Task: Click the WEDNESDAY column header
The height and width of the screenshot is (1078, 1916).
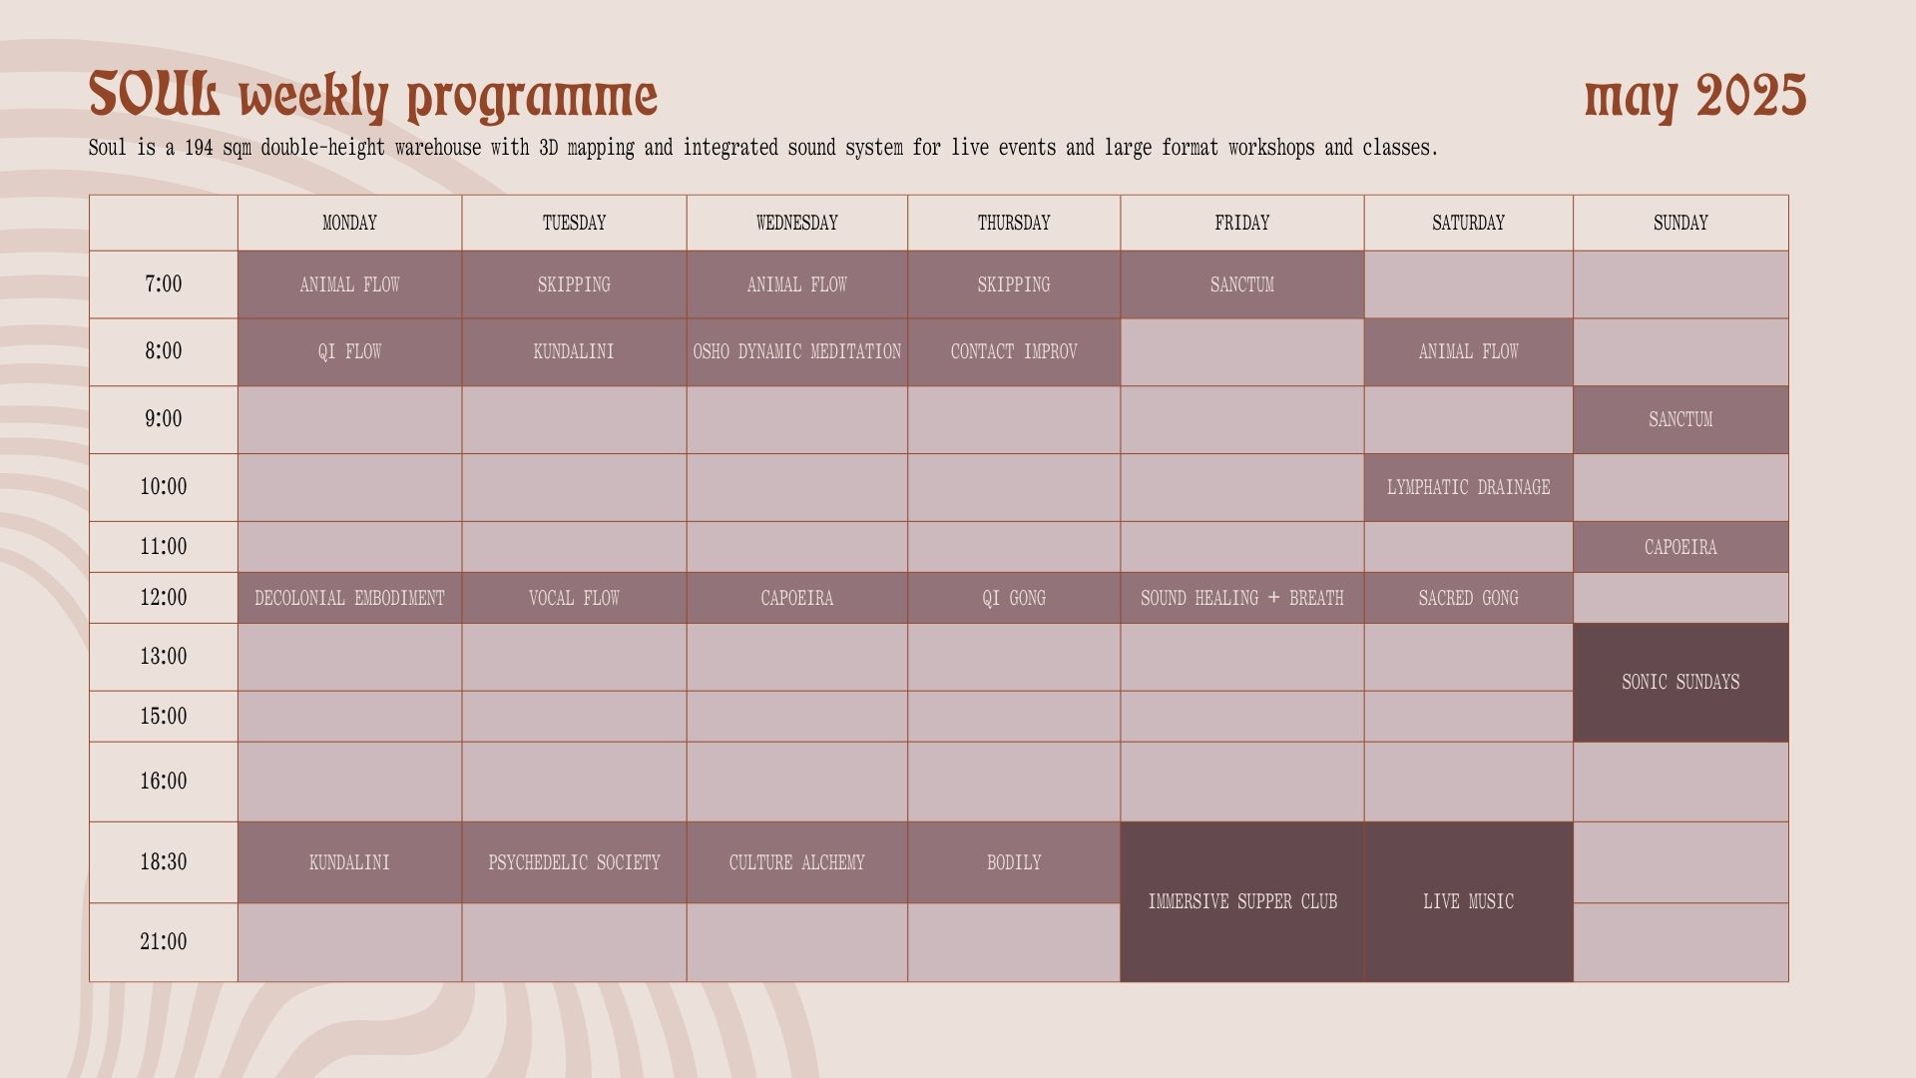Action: (x=796, y=223)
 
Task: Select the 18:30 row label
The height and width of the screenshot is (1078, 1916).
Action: (x=164, y=862)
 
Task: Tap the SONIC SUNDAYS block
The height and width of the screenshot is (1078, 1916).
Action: (x=1680, y=683)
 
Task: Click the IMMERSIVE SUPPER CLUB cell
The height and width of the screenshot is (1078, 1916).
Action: (x=1242, y=902)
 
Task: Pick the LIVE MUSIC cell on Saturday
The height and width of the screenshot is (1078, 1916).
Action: (x=1469, y=902)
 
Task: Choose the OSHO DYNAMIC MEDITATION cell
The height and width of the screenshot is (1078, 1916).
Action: (x=796, y=352)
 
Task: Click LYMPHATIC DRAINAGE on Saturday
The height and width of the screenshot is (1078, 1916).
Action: (x=1469, y=488)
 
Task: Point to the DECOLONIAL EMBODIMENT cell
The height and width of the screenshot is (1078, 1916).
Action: (x=349, y=598)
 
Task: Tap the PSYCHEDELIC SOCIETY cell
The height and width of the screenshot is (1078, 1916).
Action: (x=574, y=862)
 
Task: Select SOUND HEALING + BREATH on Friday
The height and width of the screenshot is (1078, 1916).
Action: (x=1242, y=598)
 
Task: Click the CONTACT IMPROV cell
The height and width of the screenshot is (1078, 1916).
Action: (x=1014, y=352)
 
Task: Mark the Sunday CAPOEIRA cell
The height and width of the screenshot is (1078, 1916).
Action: (x=1680, y=547)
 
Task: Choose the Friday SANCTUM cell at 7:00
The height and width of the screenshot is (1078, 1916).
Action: (x=1242, y=284)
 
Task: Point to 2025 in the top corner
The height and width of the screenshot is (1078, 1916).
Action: (x=1751, y=95)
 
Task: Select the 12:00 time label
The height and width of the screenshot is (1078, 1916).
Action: (x=164, y=598)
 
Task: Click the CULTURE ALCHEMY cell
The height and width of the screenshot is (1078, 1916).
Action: (x=796, y=862)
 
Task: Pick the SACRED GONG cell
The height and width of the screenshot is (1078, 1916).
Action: (x=1469, y=598)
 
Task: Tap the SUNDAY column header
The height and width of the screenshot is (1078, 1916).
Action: (x=1680, y=223)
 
